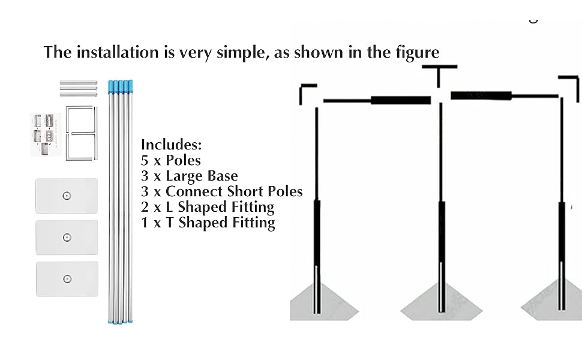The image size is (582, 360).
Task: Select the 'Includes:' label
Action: tap(171, 145)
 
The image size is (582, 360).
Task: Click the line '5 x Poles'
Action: tap(171, 160)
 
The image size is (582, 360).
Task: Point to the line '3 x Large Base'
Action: tap(189, 176)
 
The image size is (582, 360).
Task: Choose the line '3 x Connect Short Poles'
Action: tap(221, 191)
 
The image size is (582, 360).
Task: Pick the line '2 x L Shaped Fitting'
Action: tap(208, 207)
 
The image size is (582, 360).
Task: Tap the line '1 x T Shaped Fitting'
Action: tap(208, 223)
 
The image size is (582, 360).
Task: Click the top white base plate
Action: tap(67, 196)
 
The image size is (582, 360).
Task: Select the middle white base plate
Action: tap(67, 237)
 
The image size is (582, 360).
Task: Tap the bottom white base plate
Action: tap(67, 279)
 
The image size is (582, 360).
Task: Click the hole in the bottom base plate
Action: tap(67, 279)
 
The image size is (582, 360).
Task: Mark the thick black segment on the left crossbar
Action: tap(400, 100)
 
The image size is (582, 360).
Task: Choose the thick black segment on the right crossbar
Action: tap(481, 95)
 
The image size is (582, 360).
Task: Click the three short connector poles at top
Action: tap(78, 88)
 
